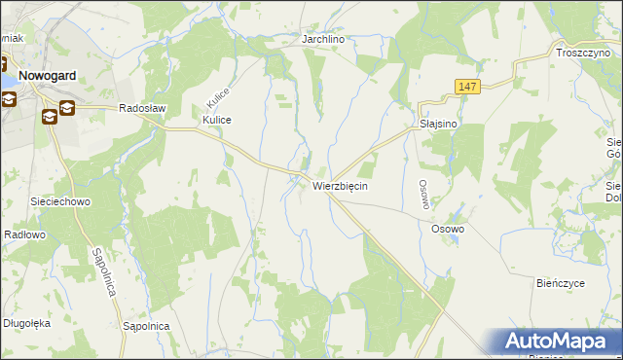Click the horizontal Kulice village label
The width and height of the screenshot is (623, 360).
click(x=216, y=120)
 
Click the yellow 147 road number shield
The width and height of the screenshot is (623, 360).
click(x=468, y=88)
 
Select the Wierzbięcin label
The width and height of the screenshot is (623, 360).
click(x=340, y=185)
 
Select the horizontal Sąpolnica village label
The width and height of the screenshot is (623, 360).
click(x=147, y=326)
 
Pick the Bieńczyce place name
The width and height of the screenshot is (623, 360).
click(x=561, y=283)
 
